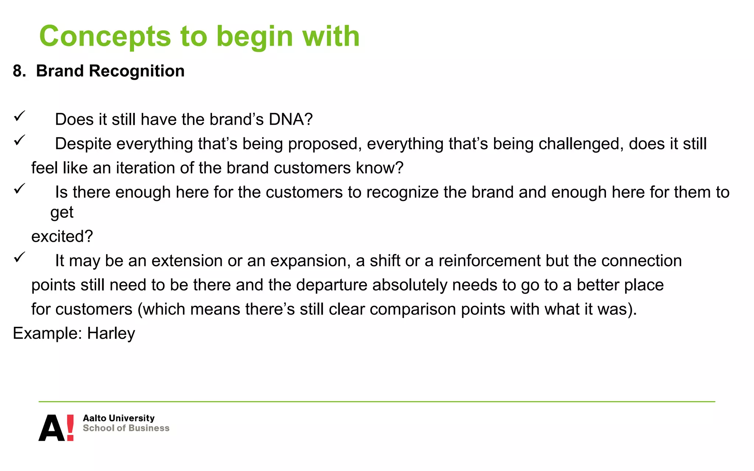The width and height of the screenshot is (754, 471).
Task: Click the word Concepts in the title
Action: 105,37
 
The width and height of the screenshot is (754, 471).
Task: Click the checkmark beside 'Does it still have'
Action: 19,116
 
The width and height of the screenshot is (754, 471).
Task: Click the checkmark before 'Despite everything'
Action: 19,140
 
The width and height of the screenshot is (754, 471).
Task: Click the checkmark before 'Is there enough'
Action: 19,189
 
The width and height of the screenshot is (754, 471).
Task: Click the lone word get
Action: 62,213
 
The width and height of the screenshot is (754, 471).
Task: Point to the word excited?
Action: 62,236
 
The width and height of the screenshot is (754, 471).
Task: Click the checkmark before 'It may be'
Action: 19,257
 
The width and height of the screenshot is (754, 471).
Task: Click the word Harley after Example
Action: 111,334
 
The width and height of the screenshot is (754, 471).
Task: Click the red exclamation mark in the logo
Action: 70,427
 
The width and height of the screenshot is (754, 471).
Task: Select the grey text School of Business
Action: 126,428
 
